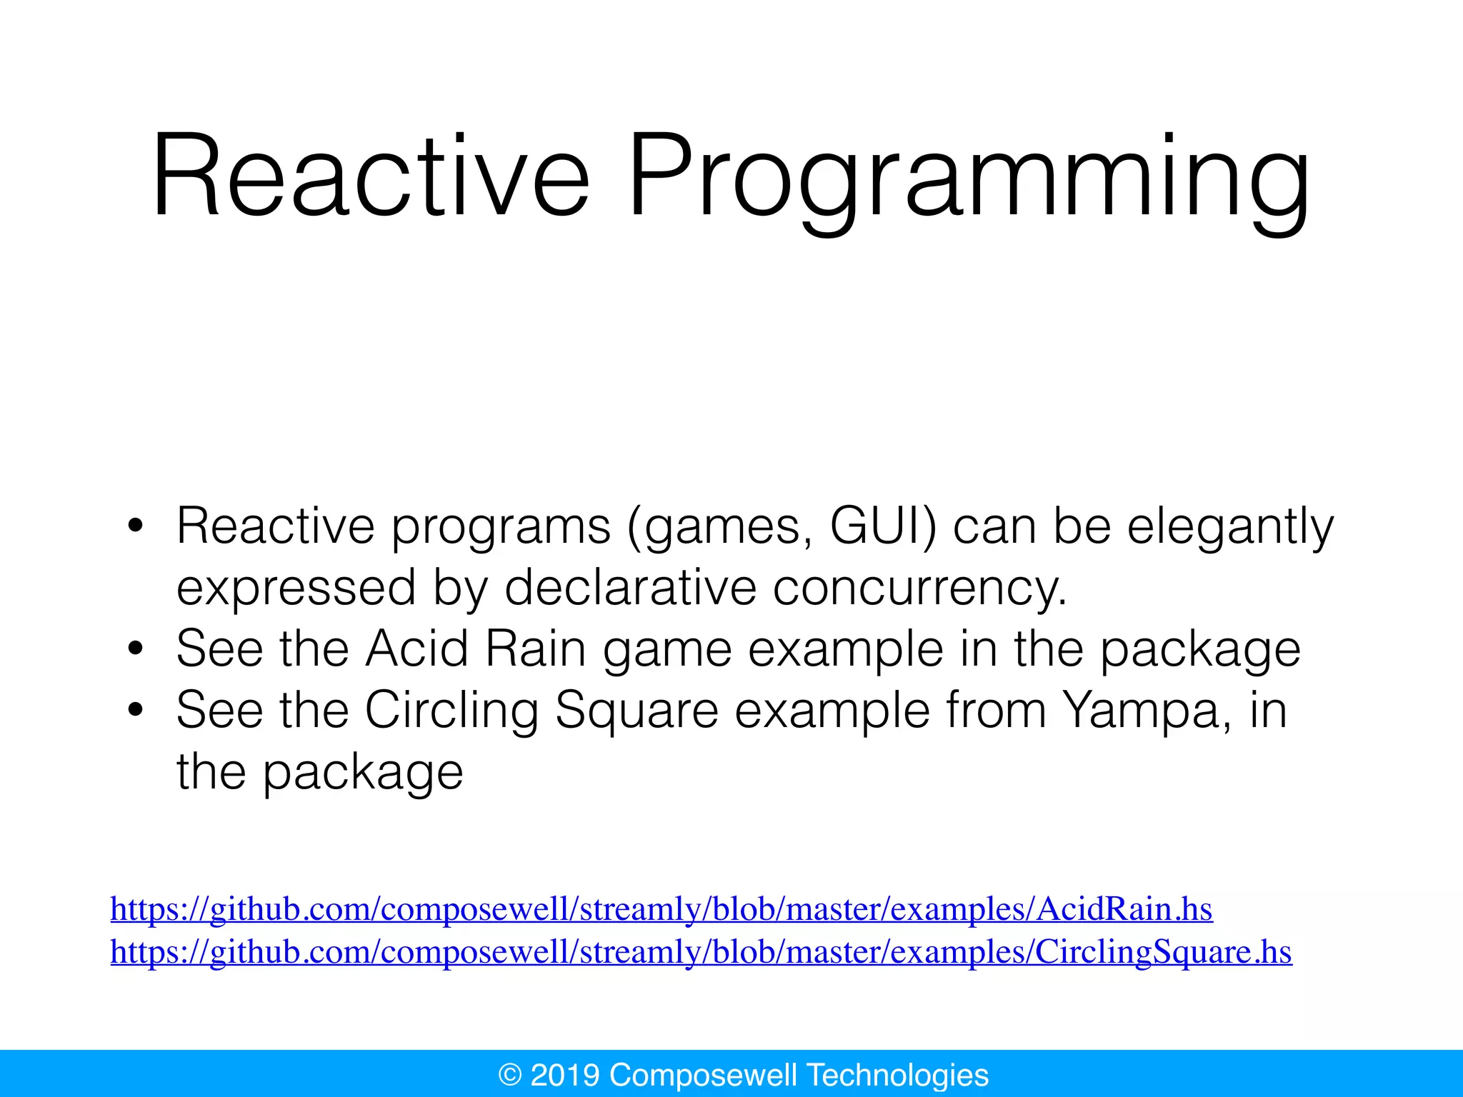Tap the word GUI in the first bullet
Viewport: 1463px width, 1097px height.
(x=883, y=527)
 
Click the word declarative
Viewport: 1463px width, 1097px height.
(x=630, y=588)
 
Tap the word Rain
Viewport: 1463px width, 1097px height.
(x=535, y=649)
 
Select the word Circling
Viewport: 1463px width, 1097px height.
(x=451, y=712)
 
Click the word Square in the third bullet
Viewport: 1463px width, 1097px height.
(x=636, y=712)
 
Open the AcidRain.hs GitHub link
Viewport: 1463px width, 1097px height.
(x=661, y=909)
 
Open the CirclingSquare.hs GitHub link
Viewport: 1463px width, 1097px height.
(x=701, y=952)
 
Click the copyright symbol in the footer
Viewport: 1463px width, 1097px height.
(x=510, y=1075)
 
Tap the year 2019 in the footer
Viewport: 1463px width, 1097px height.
(x=564, y=1075)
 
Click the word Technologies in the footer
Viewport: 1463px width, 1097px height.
(x=897, y=1075)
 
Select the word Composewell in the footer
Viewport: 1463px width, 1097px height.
(x=703, y=1075)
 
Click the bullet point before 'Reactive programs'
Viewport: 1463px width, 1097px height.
(x=135, y=527)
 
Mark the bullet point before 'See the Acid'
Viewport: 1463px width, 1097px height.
(x=135, y=650)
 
